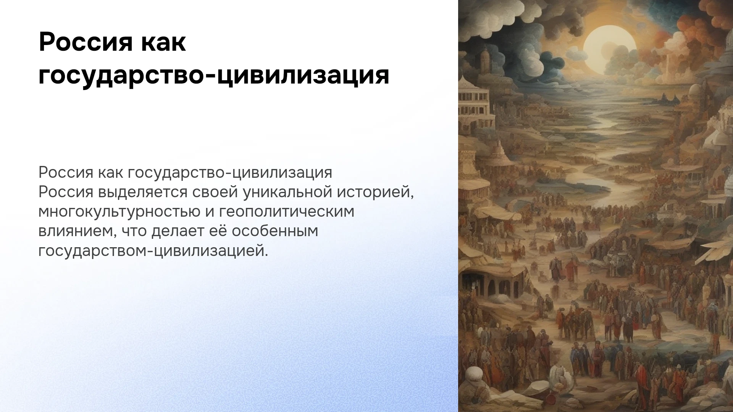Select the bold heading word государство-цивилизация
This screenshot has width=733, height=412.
coord(214,75)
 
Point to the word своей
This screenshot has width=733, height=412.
coord(215,192)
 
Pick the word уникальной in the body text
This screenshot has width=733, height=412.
coord(287,192)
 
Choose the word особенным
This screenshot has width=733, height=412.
coord(275,231)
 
